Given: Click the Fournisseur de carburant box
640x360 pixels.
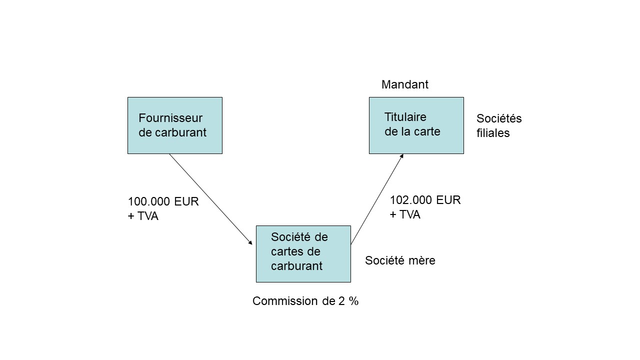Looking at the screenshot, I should pos(174,125).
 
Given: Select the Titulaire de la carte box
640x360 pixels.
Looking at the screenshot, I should pos(416,125).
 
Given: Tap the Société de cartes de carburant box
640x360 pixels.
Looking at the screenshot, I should pos(303,253).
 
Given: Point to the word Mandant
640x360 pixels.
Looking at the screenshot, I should pos(404,84).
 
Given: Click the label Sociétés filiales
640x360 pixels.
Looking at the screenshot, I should pos(498,125).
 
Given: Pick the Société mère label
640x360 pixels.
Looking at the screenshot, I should pos(400,260).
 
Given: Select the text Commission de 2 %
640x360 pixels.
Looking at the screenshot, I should pos(305,301).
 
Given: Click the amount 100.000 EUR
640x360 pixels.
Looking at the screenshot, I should pos(163,201).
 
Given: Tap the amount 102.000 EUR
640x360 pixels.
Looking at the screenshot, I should pos(425,200).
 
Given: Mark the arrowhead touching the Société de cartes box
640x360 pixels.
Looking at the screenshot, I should pos(250,243).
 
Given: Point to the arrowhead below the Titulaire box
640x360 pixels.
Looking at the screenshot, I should pos(401,156).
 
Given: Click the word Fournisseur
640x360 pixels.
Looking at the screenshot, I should pos(170,118).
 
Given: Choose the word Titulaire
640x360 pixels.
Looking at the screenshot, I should pos(405,117).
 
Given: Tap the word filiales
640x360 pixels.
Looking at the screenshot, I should pos(493,133).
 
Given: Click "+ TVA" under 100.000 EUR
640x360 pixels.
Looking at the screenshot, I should pos(143,216).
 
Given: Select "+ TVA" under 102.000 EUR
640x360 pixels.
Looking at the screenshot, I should pos(405,214).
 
